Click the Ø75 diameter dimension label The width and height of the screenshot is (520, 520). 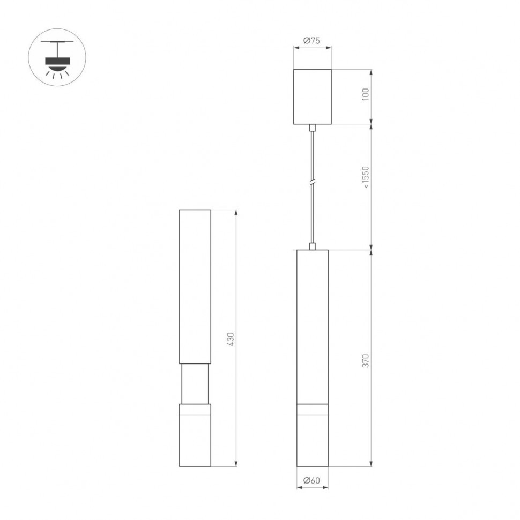[312, 41]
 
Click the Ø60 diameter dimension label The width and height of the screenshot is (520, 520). [312, 481]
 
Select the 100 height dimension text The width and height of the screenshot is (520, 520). [366, 95]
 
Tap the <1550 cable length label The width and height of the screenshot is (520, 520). [366, 177]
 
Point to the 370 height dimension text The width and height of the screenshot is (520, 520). [366, 360]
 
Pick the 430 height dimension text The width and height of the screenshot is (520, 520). [231, 339]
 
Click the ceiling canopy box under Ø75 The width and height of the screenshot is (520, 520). [313, 97]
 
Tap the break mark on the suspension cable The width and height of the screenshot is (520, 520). [313, 182]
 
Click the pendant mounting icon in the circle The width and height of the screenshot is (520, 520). [57, 57]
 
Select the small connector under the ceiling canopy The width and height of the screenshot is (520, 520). [313, 128]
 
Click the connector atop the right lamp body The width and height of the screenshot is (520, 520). [313, 247]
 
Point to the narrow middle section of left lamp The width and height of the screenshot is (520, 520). [195, 384]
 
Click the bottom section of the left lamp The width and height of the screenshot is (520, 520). [195, 435]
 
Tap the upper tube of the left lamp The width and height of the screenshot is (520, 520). [195, 287]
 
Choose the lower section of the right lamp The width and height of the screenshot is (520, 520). [313, 435]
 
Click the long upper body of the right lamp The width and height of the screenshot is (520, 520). [313, 326]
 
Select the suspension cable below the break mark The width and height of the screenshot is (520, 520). [313, 214]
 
